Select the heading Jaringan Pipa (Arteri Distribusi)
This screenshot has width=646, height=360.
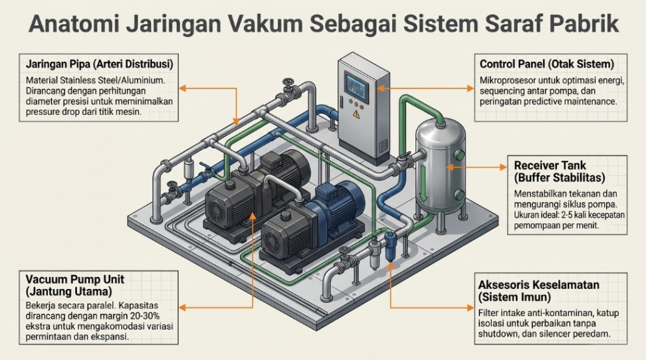pyautogui.click(x=99, y=64)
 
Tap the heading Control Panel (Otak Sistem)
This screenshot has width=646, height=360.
pyautogui.click(x=546, y=64)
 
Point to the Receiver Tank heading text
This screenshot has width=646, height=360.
pyautogui.click(x=551, y=165)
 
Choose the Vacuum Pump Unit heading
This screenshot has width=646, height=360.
pyautogui.click(x=74, y=278)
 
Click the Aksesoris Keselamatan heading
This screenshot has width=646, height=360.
pyautogui.click(x=539, y=284)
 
